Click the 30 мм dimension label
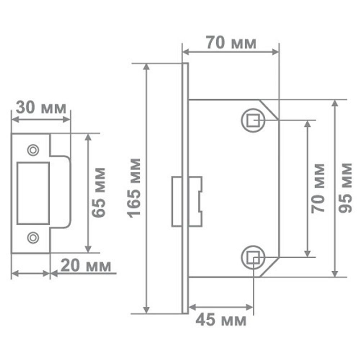pos(42,108)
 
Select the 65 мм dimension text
pos(99,193)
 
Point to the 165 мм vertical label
pos(135,187)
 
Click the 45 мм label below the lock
pos(221,319)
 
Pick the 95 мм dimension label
pos(346,187)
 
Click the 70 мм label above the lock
pos(231,43)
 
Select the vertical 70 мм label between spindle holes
pos(318,188)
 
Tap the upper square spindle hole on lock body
pos(253,120)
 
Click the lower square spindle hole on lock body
pos(253,257)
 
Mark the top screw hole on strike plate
pos(33,150)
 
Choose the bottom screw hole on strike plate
pos(33,237)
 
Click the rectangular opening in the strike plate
pos(33,193)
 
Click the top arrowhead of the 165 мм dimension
pos(146,67)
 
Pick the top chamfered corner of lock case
pos(270,109)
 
